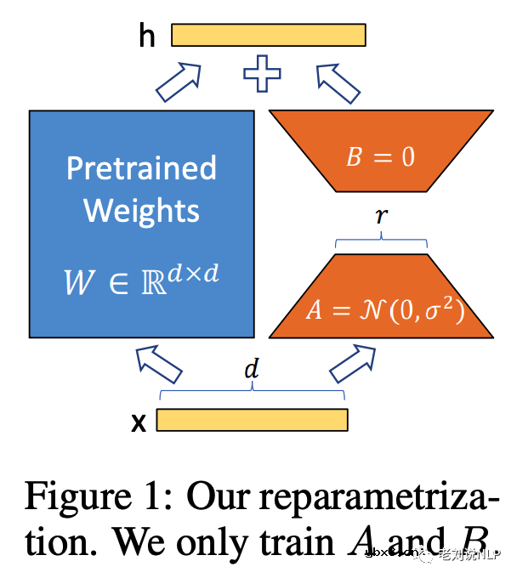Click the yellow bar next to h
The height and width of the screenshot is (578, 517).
click(x=269, y=35)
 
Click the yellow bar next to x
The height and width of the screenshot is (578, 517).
click(x=252, y=420)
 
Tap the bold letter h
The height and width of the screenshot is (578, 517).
click(x=147, y=37)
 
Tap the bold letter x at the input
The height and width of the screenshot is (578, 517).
click(x=139, y=422)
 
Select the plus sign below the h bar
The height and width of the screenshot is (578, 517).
click(x=262, y=73)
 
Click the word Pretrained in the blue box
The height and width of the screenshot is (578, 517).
click(x=141, y=167)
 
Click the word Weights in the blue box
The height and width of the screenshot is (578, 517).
click(x=141, y=209)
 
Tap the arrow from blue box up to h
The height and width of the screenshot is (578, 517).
click(x=180, y=82)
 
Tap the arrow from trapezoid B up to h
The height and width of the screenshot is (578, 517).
click(x=338, y=82)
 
